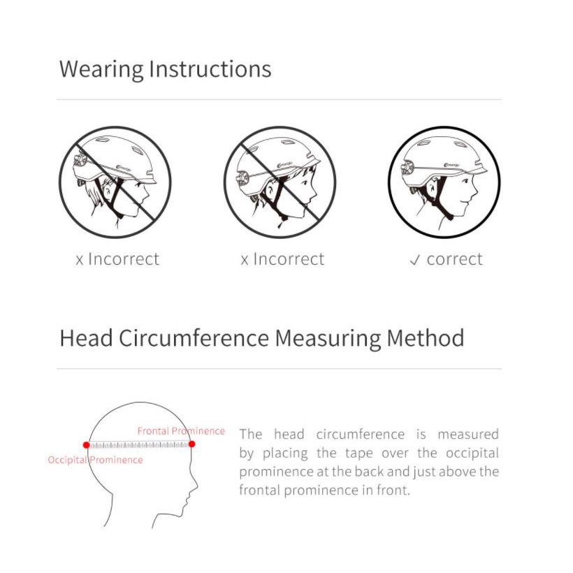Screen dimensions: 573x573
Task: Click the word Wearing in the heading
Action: pos(101,69)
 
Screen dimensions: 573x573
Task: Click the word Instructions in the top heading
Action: pos(210,68)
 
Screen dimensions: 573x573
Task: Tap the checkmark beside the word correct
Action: pos(415,261)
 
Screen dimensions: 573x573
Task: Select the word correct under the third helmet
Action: pos(455,259)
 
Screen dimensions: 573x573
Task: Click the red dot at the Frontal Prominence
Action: pos(192,444)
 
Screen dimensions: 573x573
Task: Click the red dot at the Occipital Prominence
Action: pos(86,445)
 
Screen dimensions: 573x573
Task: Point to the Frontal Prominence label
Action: pos(181,431)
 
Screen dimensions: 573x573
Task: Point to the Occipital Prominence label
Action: pos(95,460)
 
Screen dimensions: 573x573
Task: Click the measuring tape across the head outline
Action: pos(139,444)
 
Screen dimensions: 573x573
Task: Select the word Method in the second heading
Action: pos(426,338)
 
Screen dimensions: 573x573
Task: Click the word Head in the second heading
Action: pos(86,338)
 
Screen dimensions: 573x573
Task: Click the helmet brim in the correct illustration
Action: pos(474,171)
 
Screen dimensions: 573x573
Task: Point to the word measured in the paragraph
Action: pos(468,435)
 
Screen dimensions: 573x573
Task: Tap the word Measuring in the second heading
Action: pos(328,339)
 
